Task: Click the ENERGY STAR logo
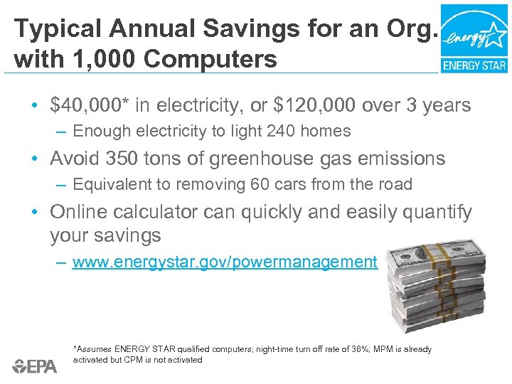[474, 38]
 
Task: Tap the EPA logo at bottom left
[35, 367]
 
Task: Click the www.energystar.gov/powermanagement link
[225, 262]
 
